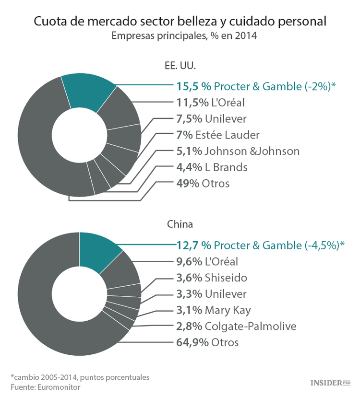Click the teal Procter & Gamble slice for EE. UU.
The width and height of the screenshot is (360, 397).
pos(89,93)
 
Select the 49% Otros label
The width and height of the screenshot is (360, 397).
pos(203,184)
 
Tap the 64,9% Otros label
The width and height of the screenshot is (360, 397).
pos(207,342)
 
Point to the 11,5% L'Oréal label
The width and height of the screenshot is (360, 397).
pos(211,102)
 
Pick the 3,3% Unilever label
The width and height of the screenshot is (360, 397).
pos(212,294)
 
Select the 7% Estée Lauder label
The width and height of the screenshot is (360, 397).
pos(218,135)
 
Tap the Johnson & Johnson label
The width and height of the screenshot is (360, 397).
pos(238,151)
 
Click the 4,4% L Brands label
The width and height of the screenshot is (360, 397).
pos(212,167)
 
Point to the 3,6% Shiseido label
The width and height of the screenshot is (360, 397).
pos(212,278)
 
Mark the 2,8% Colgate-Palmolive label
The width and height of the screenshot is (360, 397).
pos(236,327)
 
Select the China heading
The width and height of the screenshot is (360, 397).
pos(180,224)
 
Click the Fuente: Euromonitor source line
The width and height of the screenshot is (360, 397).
pos(46,387)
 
